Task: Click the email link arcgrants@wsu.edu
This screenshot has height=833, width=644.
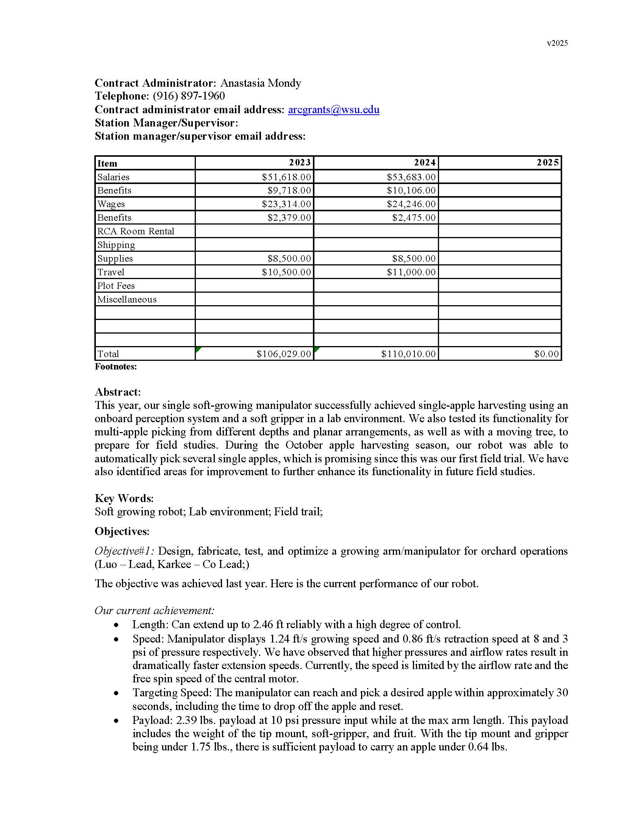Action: [333, 110]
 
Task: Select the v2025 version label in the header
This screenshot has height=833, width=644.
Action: [557, 43]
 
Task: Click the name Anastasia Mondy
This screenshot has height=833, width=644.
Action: [261, 83]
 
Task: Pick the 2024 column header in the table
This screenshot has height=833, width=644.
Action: [425, 163]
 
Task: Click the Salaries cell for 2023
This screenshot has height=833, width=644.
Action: [286, 177]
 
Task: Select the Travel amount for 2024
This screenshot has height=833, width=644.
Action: [411, 272]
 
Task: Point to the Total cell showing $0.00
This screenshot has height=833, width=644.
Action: [546, 354]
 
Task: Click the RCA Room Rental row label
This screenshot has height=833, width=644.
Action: [136, 231]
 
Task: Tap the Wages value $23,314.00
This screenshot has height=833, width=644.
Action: [286, 204]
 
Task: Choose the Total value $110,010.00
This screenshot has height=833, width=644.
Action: [408, 354]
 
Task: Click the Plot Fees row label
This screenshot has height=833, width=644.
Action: [116, 286]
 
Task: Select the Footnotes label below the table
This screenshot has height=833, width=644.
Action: [116, 367]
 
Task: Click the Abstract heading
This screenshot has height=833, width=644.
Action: [117, 392]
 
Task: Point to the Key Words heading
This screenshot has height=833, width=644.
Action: [124, 499]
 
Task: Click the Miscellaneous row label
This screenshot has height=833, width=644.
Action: [127, 300]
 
